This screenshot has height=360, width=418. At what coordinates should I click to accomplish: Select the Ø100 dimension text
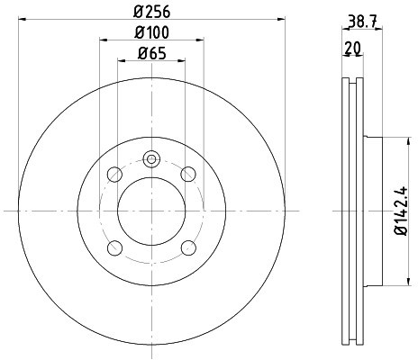(151, 33)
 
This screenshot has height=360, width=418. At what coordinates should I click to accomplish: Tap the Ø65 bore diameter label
(151, 53)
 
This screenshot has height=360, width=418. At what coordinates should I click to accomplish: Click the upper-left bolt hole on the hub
(114, 174)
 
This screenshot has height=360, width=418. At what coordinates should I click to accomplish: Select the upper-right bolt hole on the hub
(188, 174)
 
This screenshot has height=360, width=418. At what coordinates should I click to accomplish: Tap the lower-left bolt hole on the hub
(114, 247)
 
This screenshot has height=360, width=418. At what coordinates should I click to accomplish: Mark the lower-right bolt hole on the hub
(188, 247)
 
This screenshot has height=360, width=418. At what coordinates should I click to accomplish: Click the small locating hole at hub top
(151, 160)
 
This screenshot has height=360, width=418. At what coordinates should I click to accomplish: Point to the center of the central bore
(151, 211)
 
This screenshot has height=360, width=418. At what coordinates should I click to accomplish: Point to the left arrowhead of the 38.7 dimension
(346, 28)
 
